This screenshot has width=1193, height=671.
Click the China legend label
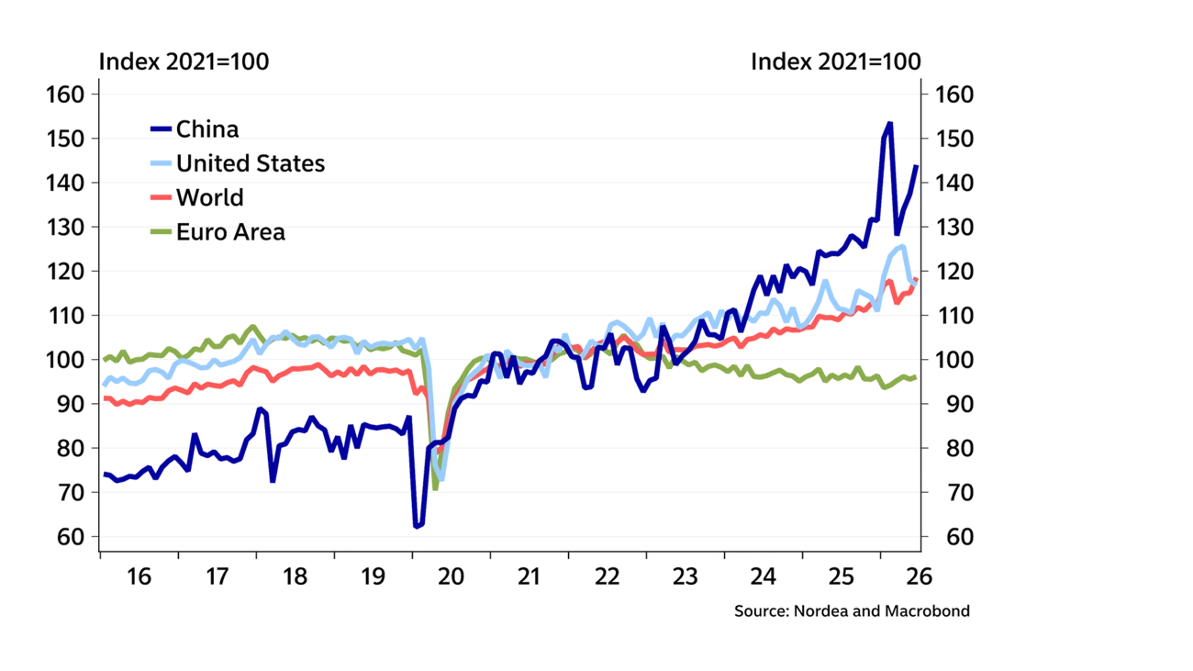[x=207, y=129]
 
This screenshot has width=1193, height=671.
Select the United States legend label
[x=251, y=163]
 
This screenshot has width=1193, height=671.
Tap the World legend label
[x=210, y=197]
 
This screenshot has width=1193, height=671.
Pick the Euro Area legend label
[x=230, y=232]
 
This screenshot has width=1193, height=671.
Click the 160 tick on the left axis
[x=65, y=95]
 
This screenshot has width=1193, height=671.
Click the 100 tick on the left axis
[x=65, y=360]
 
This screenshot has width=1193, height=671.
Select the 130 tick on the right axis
[x=954, y=228]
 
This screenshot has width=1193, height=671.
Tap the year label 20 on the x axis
[x=452, y=576]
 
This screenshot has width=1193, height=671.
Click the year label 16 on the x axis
[x=139, y=576]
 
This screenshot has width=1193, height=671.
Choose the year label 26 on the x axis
[x=920, y=576]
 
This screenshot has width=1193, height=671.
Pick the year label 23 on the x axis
[x=685, y=576]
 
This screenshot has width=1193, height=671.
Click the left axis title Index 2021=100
[x=184, y=62]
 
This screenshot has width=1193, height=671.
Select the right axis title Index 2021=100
[x=836, y=62]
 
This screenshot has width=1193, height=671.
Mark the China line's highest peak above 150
[x=889, y=124]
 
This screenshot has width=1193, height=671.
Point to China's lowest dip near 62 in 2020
[x=416, y=526]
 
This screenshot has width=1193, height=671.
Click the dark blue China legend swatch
[x=161, y=129]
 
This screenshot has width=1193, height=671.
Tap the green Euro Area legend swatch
[x=161, y=231]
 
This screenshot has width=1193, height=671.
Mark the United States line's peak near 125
[x=902, y=247]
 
